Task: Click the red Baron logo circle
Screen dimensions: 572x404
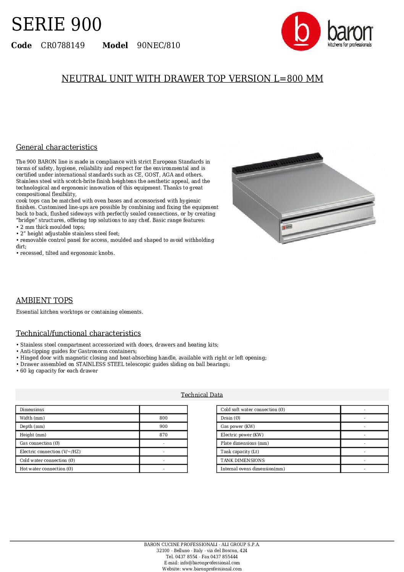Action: point(301,31)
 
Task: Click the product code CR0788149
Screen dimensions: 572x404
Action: point(63,45)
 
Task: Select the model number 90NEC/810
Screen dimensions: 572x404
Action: point(158,45)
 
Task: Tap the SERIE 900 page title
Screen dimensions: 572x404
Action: point(57,24)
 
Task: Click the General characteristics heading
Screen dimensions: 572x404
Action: point(57,147)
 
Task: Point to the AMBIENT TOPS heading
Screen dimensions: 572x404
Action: point(44,301)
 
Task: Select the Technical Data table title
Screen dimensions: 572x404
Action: point(202,395)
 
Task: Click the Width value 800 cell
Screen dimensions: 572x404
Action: point(163,418)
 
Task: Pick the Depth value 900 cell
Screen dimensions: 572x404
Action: point(163,426)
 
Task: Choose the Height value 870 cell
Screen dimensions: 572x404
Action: point(163,435)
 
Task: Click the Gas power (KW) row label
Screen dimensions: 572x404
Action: point(238,426)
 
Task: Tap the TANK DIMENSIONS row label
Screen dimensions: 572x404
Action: point(242,460)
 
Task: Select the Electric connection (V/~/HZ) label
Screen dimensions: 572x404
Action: point(50,452)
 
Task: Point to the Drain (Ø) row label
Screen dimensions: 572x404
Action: point(230,418)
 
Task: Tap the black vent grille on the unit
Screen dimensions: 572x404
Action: point(277,162)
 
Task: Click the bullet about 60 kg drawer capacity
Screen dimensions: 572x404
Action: point(57,371)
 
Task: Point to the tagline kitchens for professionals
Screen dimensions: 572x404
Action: point(349,45)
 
